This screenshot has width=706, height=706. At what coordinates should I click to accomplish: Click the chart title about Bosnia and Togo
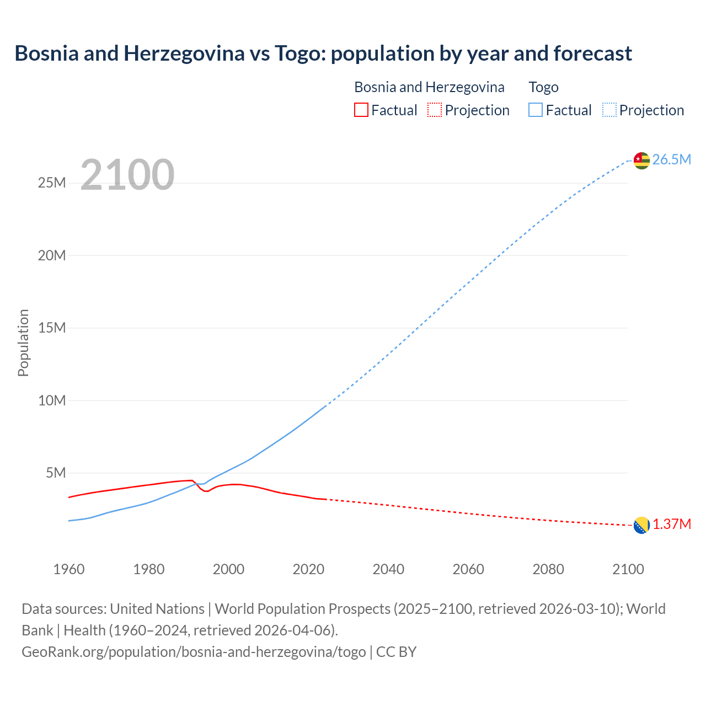[323, 54]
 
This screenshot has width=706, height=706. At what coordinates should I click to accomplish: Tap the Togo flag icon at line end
[641, 160]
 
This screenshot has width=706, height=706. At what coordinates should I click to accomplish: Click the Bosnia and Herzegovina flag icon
[641, 526]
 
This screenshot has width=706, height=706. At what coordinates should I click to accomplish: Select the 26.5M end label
[671, 160]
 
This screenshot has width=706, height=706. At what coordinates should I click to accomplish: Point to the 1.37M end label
[672, 525]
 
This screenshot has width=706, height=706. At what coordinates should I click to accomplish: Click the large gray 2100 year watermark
[127, 175]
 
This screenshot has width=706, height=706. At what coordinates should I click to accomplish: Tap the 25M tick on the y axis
[52, 183]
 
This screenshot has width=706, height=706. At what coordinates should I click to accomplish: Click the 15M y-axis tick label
[52, 328]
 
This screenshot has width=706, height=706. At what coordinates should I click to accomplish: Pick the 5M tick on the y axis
[56, 473]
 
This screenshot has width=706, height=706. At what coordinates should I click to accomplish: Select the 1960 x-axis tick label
[69, 569]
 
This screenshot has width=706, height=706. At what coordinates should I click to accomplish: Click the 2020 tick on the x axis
[308, 569]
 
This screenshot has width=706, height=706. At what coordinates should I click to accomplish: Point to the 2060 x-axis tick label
[468, 569]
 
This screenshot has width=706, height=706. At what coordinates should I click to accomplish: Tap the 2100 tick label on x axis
[628, 569]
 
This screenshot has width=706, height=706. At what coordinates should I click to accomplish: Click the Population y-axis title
[23, 343]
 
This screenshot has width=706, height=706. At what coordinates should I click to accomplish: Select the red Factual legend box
[361, 110]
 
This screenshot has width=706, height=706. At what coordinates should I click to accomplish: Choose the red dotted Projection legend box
[435, 110]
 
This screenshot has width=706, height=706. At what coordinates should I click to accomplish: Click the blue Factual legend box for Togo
[536, 110]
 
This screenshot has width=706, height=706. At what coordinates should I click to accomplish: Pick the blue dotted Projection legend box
[609, 110]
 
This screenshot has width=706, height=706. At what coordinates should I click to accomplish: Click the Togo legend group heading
[543, 87]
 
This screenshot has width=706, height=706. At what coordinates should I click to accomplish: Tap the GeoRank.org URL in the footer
[194, 652]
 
